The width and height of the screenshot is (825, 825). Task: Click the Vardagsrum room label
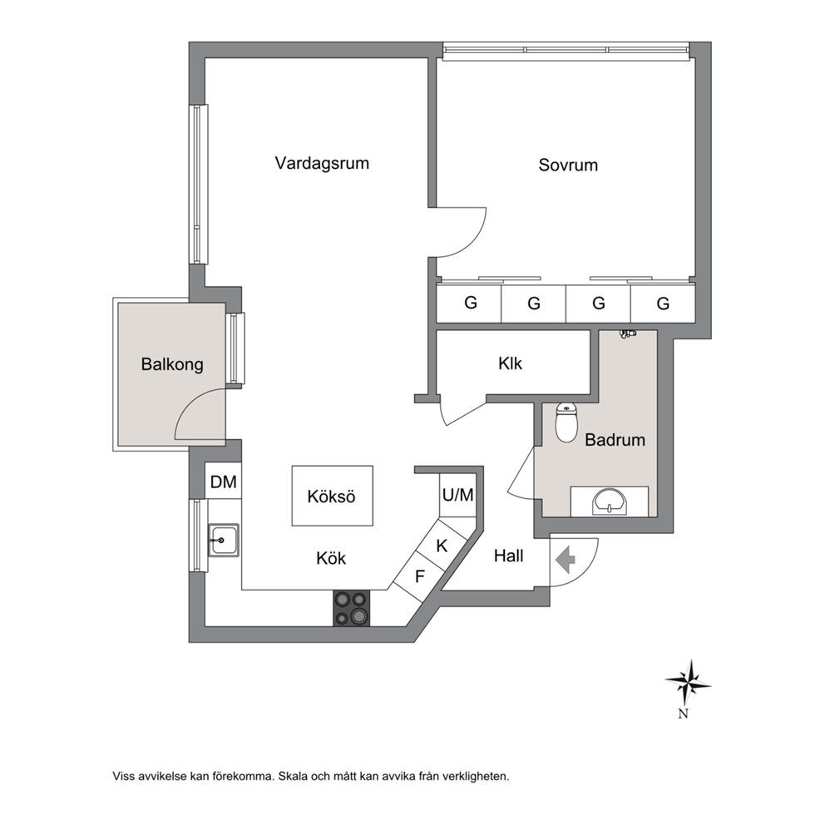click(x=322, y=163)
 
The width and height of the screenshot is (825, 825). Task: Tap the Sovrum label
click(x=568, y=165)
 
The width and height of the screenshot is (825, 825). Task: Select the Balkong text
click(x=172, y=364)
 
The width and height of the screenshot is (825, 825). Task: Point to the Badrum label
click(x=615, y=440)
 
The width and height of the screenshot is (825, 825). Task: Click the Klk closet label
click(x=511, y=363)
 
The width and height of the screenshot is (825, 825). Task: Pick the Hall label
click(x=509, y=556)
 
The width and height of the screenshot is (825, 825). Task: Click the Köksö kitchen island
click(x=333, y=496)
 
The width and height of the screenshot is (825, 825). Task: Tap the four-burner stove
click(x=352, y=608)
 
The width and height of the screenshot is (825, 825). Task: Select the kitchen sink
click(x=224, y=540)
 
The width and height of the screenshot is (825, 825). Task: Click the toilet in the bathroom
click(x=566, y=422)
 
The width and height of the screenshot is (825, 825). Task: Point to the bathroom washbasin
click(x=610, y=501)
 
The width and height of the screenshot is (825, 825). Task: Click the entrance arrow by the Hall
click(x=566, y=560)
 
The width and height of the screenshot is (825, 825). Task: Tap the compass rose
click(x=689, y=683)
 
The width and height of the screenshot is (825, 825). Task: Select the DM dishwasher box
click(x=224, y=481)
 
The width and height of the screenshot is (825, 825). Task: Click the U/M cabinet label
click(x=458, y=495)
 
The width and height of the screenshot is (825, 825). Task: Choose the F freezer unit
click(x=419, y=577)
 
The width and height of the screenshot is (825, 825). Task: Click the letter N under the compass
click(x=684, y=714)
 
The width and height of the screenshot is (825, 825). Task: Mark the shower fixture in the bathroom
click(x=628, y=334)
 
